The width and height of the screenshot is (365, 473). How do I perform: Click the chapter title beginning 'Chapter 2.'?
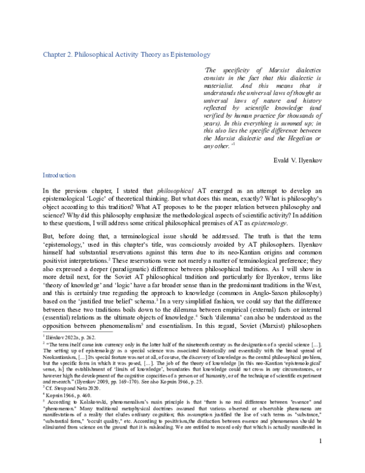click(126, 54)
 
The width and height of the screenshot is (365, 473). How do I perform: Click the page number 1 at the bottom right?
click(320, 457)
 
